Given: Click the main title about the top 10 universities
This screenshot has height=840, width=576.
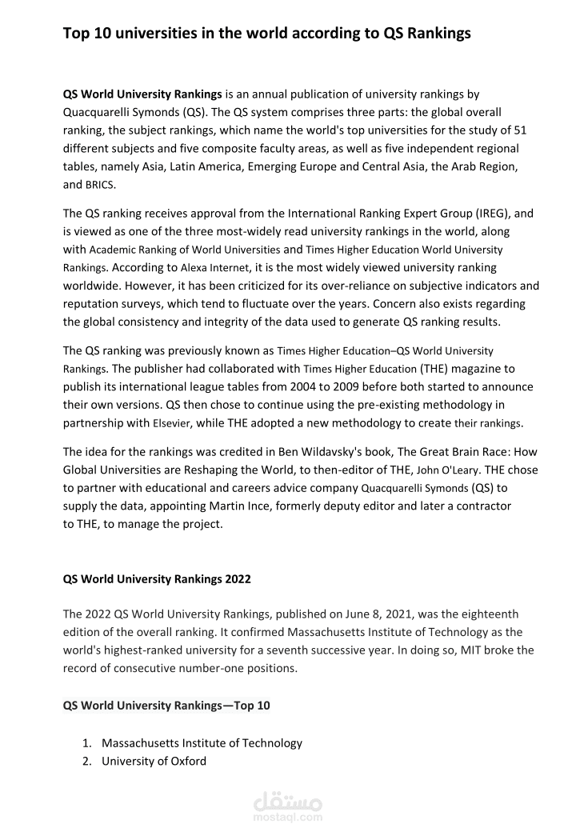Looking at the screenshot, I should [x=266, y=34].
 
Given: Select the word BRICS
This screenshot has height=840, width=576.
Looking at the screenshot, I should [x=100, y=185].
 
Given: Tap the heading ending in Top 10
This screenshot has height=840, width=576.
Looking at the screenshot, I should [x=166, y=706].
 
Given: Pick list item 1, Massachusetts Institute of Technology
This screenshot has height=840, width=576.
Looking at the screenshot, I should [x=202, y=742].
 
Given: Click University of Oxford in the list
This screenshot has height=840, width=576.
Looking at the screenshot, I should [x=154, y=761].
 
